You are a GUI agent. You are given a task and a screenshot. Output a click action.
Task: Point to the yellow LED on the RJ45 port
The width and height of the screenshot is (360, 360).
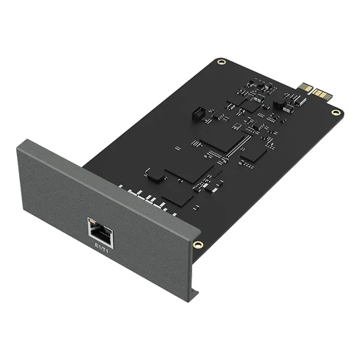tap(91, 221)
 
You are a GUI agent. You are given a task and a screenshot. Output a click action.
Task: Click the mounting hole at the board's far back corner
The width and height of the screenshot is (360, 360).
tap(221, 61)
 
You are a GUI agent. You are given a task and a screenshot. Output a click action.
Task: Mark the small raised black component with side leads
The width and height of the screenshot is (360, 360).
tap(155, 175)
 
